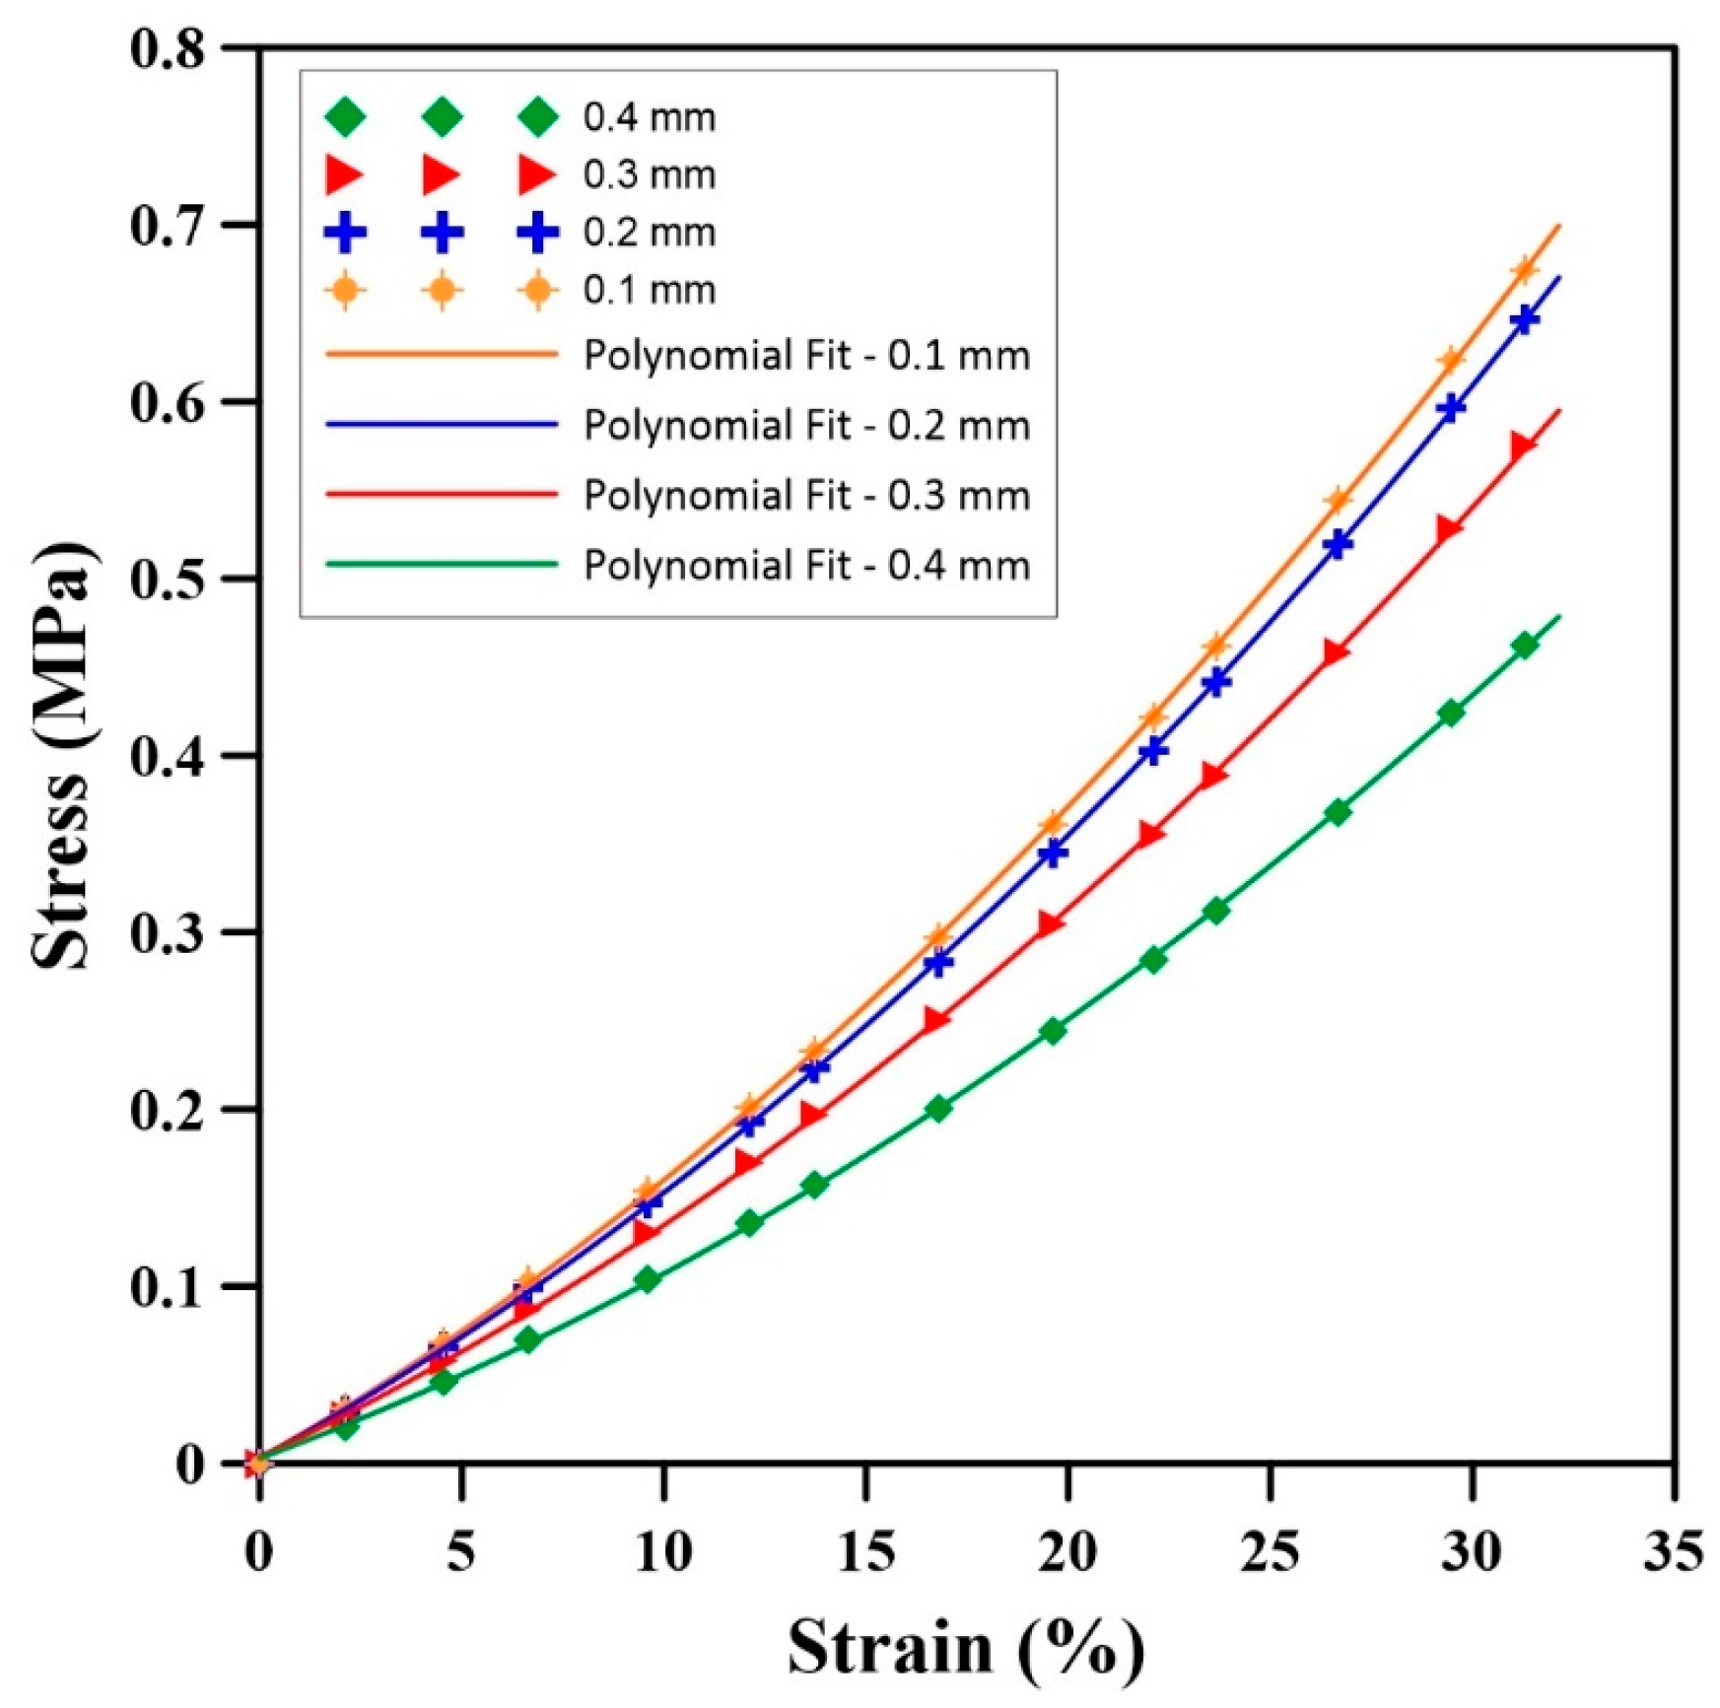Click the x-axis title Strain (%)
tap(966, 1647)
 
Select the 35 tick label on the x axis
tap(1673, 1552)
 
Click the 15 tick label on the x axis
tap(865, 1552)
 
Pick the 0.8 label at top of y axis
tap(170, 49)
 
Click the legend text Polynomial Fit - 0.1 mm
tap(806, 355)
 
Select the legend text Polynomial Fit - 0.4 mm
tap(806, 566)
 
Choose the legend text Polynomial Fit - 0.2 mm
tap(806, 426)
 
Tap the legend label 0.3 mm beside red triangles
tap(649, 174)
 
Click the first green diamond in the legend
tap(345, 116)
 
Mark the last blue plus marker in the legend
tap(538, 233)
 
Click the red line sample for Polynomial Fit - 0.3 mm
tap(442, 495)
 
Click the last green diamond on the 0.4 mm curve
tap(1524, 646)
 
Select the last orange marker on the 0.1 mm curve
tap(1524, 270)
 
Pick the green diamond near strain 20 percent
tap(1052, 1031)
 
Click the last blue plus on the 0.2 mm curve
tap(1524, 320)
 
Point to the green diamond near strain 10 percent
tap(647, 1280)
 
